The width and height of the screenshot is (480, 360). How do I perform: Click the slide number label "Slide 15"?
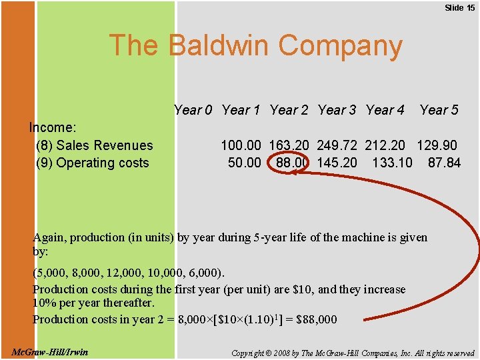point(459,7)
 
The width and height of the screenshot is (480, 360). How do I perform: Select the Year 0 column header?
point(193,110)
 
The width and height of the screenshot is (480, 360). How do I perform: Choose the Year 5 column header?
point(439,110)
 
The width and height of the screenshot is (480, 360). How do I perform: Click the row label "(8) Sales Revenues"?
point(94,145)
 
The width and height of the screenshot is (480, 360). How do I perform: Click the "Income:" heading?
point(53,127)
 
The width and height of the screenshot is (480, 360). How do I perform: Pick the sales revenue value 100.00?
point(241,145)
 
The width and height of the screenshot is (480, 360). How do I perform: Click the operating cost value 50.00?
point(245,163)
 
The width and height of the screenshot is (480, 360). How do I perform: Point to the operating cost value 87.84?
point(444,163)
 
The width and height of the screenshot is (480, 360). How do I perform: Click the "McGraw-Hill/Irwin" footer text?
point(50,351)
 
